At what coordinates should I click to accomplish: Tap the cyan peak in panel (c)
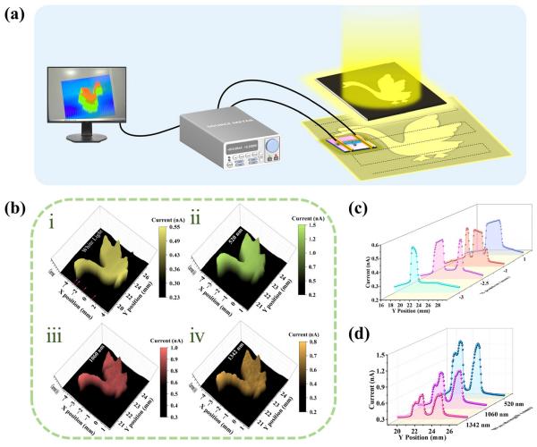413,249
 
